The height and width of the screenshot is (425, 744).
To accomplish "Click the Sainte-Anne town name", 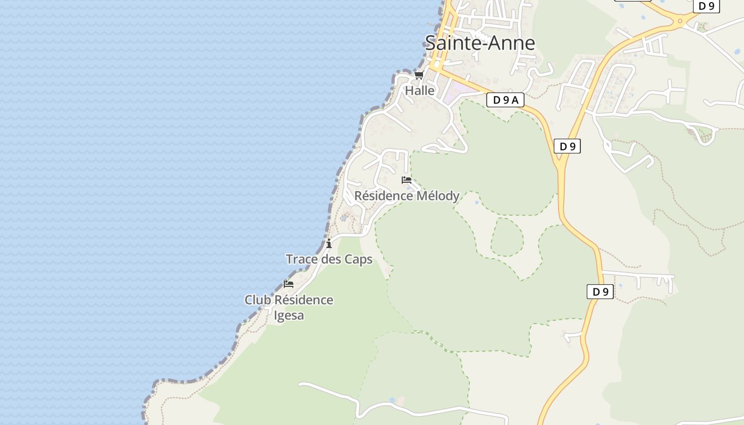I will click(480, 42).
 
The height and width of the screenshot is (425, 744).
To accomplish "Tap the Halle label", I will click(420, 91).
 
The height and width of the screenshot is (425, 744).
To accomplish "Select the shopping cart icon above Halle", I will click(419, 75).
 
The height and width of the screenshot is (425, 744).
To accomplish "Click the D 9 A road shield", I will click(505, 100).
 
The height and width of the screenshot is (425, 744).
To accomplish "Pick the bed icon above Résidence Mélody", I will click(407, 180).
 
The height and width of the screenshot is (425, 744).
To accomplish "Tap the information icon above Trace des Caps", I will click(329, 244).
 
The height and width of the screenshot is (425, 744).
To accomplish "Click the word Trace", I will click(301, 259).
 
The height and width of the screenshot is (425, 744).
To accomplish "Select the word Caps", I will click(358, 259).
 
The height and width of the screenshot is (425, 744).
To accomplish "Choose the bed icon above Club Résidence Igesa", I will click(289, 284).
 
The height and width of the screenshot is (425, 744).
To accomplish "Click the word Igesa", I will click(289, 316).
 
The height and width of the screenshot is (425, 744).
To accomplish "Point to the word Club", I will click(257, 300).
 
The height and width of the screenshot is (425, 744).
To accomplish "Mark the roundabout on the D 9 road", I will click(680, 21).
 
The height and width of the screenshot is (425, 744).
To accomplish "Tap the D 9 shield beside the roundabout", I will click(706, 6).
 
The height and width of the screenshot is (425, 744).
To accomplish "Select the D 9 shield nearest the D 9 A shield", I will click(567, 146).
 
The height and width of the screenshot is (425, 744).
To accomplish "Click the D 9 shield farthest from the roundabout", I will click(600, 292).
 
